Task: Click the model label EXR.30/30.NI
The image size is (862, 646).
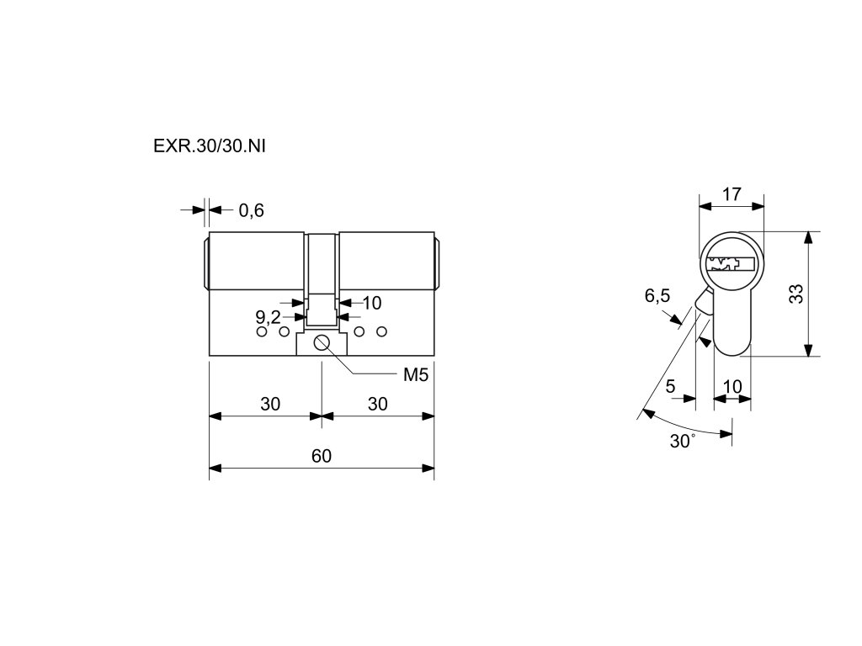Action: click(x=210, y=145)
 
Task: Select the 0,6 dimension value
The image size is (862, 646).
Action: click(x=251, y=211)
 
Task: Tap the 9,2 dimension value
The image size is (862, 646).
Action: click(x=268, y=317)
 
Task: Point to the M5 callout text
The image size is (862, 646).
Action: click(x=416, y=375)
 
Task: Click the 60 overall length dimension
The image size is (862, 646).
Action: click(x=321, y=457)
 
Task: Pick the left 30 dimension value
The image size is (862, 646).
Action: click(x=269, y=405)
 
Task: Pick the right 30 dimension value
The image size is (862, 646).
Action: click(x=378, y=405)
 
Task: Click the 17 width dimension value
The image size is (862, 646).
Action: click(x=732, y=194)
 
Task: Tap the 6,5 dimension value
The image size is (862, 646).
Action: click(x=657, y=296)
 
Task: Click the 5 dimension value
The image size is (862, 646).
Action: click(x=670, y=387)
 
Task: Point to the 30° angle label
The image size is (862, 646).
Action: click(x=682, y=442)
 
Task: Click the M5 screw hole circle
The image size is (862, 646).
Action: click(x=322, y=342)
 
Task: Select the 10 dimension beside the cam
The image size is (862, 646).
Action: click(x=371, y=302)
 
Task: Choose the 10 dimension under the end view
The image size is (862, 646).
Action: click(x=732, y=387)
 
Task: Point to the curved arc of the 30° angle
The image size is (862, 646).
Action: click(x=686, y=426)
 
